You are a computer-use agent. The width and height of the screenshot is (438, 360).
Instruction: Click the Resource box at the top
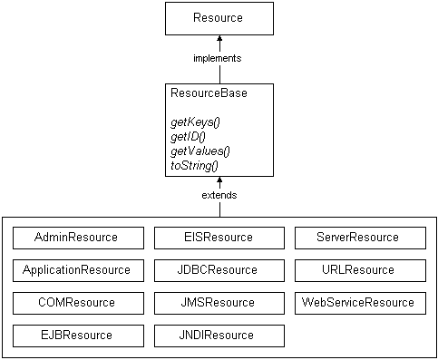tap(219, 18)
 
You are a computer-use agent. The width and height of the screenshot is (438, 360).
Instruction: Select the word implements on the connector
tap(219, 58)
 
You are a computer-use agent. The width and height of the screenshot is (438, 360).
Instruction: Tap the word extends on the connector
tap(219, 195)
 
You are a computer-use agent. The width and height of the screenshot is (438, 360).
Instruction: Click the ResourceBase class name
tap(209, 92)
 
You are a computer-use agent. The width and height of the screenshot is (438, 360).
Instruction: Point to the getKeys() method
tap(194, 122)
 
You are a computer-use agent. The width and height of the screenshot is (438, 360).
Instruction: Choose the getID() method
tap(188, 136)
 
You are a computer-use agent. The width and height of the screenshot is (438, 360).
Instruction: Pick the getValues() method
tap(200, 151)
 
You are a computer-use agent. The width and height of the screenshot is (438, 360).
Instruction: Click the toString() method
tap(194, 165)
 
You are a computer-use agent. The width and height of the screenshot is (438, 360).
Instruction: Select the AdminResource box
tap(78, 238)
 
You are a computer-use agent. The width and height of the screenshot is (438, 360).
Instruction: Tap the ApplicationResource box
tap(78, 270)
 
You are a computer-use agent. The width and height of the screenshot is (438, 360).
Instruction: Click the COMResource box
tap(78, 303)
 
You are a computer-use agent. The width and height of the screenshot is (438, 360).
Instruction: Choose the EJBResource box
tap(78, 336)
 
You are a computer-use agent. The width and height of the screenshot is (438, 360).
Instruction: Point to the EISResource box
tap(219, 238)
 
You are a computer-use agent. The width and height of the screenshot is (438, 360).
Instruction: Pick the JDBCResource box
tap(219, 270)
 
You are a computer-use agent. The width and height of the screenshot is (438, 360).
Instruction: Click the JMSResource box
tap(219, 303)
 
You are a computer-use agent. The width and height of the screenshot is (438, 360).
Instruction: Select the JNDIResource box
tap(219, 336)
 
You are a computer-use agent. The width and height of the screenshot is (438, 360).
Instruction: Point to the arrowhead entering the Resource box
tap(219, 40)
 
